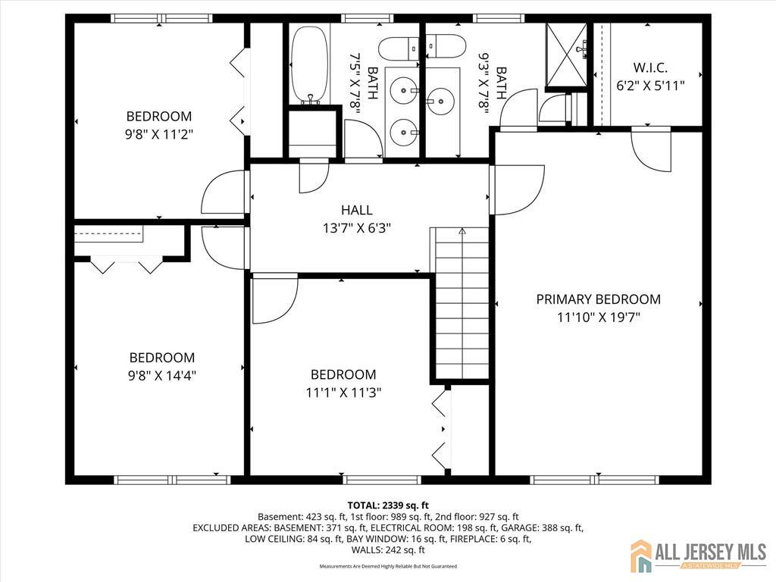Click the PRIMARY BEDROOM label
(598, 299)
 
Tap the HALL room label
(356, 210)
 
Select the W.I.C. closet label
(650, 67)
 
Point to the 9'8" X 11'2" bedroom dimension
(159, 134)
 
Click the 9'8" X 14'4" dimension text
(162, 374)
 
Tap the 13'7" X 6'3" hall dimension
(356, 227)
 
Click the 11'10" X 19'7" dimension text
(598, 318)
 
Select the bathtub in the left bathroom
(309, 64)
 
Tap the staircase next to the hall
(460, 303)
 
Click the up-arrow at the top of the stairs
(462, 231)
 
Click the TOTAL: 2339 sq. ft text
(388, 505)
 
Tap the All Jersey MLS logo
(697, 556)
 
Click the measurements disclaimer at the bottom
(388, 566)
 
